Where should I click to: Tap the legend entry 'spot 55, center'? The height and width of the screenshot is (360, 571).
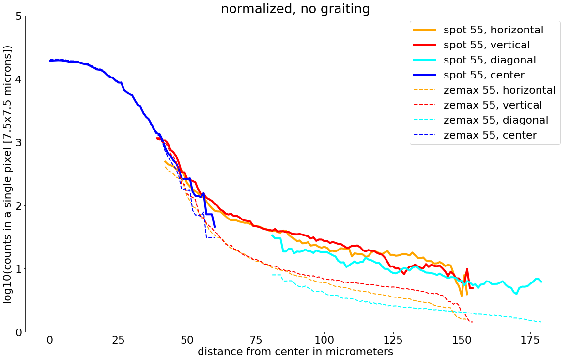[484, 75]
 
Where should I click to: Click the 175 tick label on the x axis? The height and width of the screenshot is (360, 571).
[530, 340]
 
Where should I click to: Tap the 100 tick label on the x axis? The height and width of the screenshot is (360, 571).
[324, 340]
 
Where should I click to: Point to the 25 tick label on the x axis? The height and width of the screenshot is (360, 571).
[119, 340]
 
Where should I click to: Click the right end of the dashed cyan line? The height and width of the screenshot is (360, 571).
[541, 322]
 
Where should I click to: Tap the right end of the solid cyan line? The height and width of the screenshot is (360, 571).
[541, 282]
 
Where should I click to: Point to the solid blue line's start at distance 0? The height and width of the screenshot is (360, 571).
[50, 61]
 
